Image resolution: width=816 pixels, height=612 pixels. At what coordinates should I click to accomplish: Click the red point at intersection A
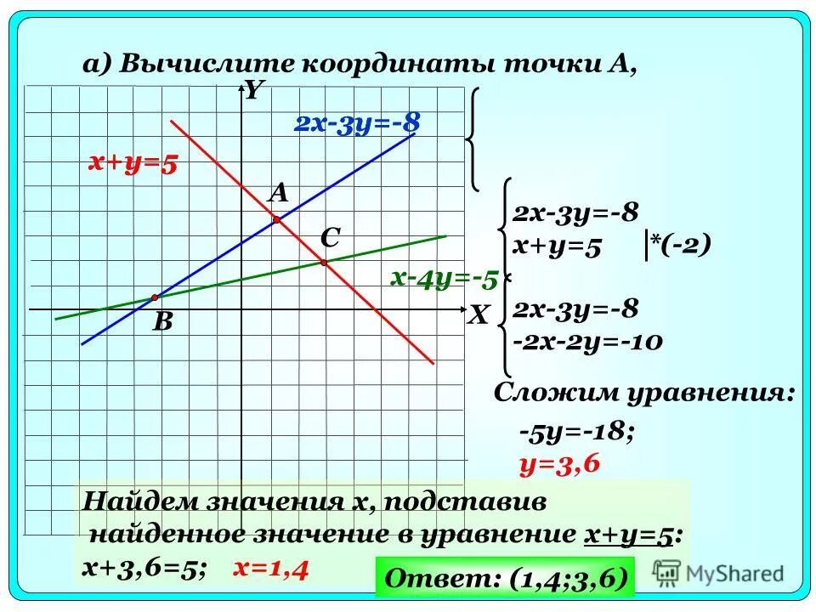pos(276,220)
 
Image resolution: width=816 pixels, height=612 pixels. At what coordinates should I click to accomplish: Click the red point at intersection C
pos(324,263)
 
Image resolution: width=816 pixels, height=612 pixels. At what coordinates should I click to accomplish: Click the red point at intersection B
pos(155,297)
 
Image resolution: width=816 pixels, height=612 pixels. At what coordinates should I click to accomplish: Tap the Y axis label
pos(252,91)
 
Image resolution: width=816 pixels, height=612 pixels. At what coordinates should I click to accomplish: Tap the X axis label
pos(478,317)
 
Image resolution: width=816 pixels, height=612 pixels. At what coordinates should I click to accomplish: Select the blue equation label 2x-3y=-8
pos(357,124)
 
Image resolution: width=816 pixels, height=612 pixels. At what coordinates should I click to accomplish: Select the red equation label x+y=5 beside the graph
pos(133,163)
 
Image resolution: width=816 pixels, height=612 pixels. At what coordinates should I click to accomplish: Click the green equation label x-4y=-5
pos(444,277)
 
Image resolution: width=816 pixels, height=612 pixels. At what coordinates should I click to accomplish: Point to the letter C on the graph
pos(330,239)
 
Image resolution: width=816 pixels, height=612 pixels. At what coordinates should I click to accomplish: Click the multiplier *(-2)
pos(679,246)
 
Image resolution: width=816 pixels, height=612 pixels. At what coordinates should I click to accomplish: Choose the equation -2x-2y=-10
pos(586,342)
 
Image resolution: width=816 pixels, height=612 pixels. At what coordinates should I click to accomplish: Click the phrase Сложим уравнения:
pos(645,394)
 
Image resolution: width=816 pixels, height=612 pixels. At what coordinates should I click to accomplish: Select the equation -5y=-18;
pos(575,433)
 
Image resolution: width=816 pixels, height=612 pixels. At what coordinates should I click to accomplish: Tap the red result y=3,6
pos(559,462)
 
